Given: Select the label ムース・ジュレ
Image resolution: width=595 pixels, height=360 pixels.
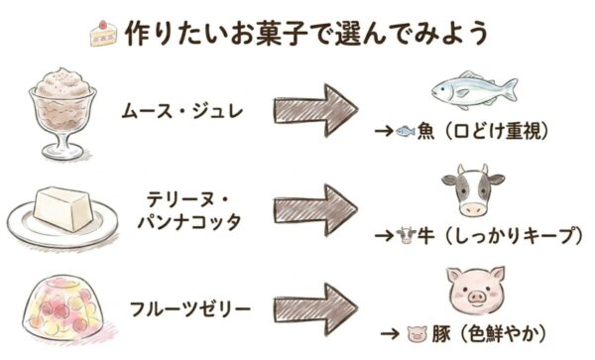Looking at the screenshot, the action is (x=178, y=105).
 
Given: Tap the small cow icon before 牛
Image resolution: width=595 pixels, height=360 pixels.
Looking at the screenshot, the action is (x=405, y=235).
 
